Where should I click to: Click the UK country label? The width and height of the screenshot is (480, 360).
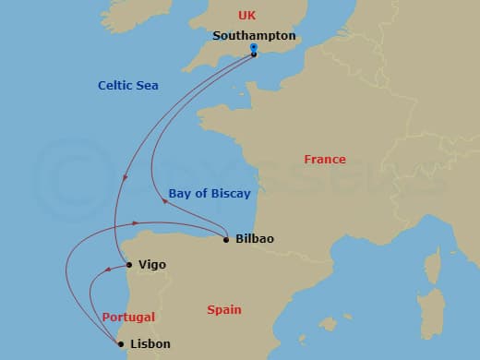(246, 15)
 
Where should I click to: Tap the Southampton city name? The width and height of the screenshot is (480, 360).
(254, 36)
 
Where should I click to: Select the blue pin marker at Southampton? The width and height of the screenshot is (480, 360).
(254, 52)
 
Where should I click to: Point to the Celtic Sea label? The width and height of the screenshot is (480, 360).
(128, 86)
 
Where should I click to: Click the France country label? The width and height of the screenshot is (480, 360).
(325, 160)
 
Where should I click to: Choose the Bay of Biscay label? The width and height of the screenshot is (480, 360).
(210, 193)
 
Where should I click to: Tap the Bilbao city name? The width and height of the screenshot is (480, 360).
(255, 239)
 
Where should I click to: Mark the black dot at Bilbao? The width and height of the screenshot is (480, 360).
(226, 240)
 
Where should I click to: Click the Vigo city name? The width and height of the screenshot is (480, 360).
(151, 265)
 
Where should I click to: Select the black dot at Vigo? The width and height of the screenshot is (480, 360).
(128, 265)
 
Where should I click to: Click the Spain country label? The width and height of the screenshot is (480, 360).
(224, 310)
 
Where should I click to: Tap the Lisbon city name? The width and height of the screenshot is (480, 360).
(150, 344)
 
